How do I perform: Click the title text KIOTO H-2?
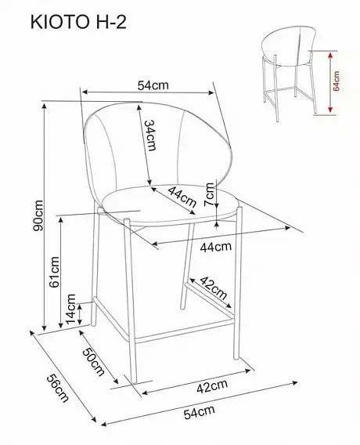(x=78, y=22)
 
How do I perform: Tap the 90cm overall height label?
(x=38, y=215)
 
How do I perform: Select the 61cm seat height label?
(x=55, y=272)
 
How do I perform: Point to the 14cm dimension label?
(x=71, y=309)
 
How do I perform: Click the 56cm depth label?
(x=58, y=389)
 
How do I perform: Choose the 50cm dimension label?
(x=94, y=362)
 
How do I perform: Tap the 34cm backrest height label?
(x=150, y=135)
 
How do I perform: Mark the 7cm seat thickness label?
(x=210, y=194)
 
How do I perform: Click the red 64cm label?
(x=336, y=81)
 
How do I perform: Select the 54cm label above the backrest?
(x=153, y=85)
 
